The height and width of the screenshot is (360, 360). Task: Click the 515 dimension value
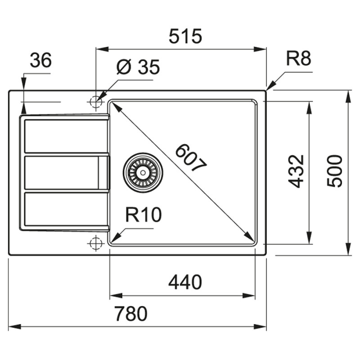point(185,36)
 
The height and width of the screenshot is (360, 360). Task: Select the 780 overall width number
point(130,314)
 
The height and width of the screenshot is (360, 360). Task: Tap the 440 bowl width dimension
point(184,283)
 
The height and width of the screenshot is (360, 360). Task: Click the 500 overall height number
point(335,171)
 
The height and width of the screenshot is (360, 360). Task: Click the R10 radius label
point(143,216)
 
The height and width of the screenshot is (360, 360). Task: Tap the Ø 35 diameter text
point(138,67)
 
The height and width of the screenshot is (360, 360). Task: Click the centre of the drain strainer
point(143,172)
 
